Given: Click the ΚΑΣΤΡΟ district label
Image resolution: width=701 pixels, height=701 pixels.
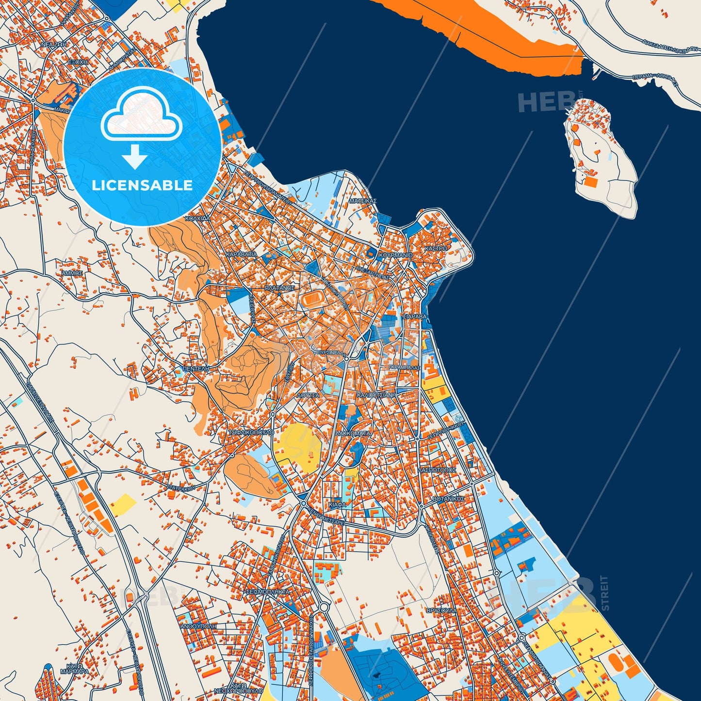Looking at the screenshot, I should [436, 248].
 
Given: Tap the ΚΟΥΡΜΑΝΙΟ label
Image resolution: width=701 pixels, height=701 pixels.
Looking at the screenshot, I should [396, 255].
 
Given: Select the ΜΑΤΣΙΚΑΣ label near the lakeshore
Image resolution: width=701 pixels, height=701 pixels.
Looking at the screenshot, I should [363, 200].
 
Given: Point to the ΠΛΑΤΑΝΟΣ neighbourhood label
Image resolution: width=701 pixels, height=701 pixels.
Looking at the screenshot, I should [280, 288].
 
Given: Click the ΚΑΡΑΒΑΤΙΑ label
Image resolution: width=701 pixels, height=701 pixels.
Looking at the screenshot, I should [241, 254].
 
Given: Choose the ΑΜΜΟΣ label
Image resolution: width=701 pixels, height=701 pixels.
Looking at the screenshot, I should [72, 273].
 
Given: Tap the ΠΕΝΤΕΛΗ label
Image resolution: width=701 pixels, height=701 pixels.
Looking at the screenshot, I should [196, 369].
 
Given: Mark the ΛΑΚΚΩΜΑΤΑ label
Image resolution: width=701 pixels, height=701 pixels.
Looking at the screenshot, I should [353, 433].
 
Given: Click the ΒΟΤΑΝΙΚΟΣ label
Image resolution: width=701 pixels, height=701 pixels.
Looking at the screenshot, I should [448, 499].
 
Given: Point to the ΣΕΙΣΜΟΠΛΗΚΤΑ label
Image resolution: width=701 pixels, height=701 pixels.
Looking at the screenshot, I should [268, 592].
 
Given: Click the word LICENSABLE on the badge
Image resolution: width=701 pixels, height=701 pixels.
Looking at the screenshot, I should [142, 185].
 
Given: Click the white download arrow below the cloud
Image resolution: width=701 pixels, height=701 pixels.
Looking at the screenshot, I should [135, 156].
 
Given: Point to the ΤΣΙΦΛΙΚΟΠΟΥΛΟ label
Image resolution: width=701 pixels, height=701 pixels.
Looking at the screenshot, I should [251, 432].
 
